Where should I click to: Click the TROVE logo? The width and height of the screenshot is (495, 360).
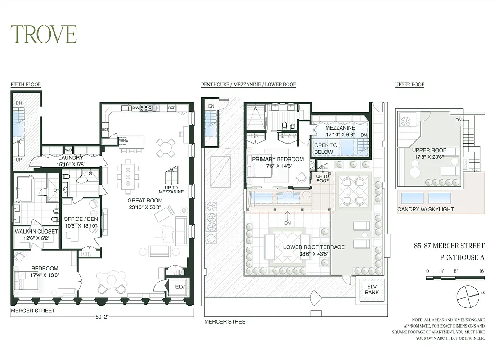tap(44, 34)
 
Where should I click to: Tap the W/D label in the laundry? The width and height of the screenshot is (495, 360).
tap(69, 150)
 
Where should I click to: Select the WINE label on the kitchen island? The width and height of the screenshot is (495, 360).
tap(123, 140)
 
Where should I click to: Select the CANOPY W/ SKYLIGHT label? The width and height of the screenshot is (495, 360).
tap(425, 209)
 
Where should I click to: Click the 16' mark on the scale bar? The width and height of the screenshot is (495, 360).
tap(482, 271)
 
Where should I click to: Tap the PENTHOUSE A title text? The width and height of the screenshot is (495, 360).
tap(462, 257)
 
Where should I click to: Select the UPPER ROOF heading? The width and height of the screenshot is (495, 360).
tap(409, 85)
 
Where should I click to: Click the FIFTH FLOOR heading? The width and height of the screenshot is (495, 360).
tap(26, 85)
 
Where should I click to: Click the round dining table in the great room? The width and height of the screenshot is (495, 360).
tap(166, 146)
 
